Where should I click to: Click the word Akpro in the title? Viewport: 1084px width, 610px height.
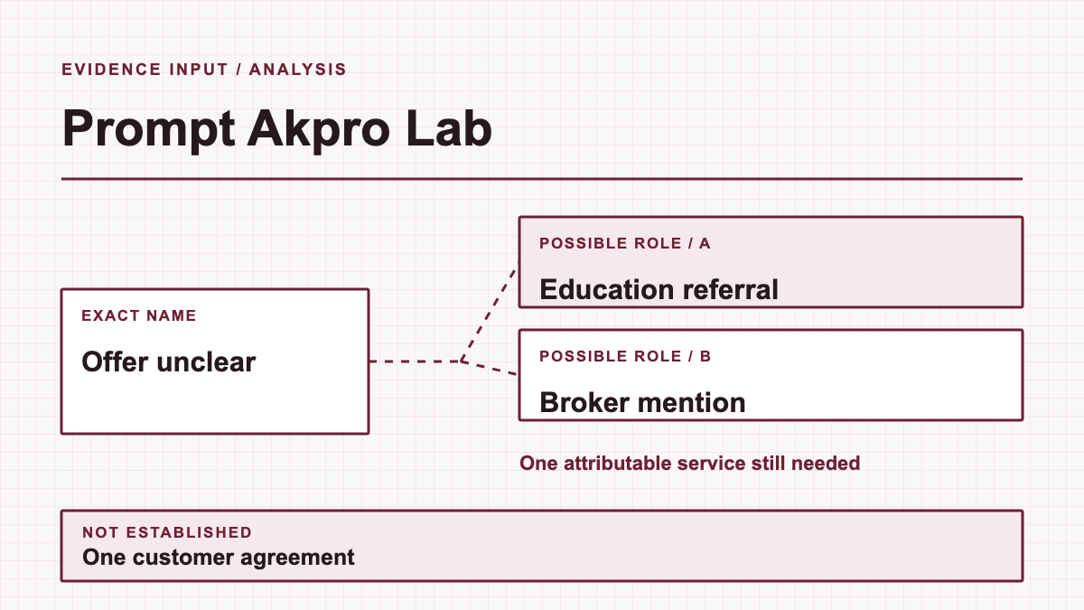pyautogui.click(x=318, y=128)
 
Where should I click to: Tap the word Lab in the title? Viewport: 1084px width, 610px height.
pyautogui.click(x=449, y=127)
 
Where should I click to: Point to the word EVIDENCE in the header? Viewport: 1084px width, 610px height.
pyautogui.click(x=111, y=70)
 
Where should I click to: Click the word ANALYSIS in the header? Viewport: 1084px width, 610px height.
pyautogui.click(x=297, y=70)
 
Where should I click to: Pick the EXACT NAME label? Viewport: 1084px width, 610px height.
pyautogui.click(x=139, y=315)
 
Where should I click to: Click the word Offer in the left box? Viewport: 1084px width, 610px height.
pyautogui.click(x=114, y=361)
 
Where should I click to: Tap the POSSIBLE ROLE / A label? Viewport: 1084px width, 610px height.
pyautogui.click(x=625, y=243)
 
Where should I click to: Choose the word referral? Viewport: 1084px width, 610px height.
pyautogui.click(x=730, y=289)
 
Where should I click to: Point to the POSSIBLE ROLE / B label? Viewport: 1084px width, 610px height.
pyautogui.click(x=625, y=356)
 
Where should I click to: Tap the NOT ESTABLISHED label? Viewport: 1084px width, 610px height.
pyautogui.click(x=167, y=532)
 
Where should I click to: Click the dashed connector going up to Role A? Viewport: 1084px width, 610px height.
pyautogui.click(x=490, y=312)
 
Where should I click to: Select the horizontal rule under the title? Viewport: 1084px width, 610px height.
pyautogui.click(x=542, y=179)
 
